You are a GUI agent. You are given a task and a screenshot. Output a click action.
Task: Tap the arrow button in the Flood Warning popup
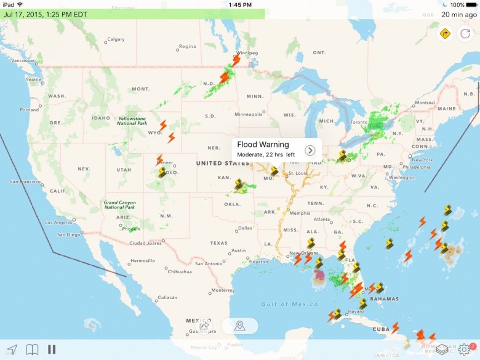(x=310, y=150)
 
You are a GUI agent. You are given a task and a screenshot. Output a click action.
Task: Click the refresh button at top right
(x=465, y=33)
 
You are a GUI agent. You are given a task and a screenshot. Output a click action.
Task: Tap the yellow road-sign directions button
(x=445, y=33)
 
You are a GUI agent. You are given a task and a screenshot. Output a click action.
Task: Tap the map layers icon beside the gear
(x=442, y=350)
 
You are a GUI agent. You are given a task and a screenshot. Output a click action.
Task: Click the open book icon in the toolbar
(x=32, y=350)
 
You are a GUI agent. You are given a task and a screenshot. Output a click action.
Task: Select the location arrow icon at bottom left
(x=12, y=350)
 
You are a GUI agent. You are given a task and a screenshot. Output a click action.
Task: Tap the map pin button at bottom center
(x=239, y=326)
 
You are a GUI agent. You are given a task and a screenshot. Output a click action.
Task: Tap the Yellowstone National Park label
(x=132, y=121)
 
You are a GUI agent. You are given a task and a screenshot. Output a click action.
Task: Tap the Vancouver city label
(x=23, y=60)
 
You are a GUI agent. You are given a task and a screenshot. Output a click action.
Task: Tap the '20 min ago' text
(x=458, y=14)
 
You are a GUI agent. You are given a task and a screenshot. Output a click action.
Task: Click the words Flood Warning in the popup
(x=263, y=145)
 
